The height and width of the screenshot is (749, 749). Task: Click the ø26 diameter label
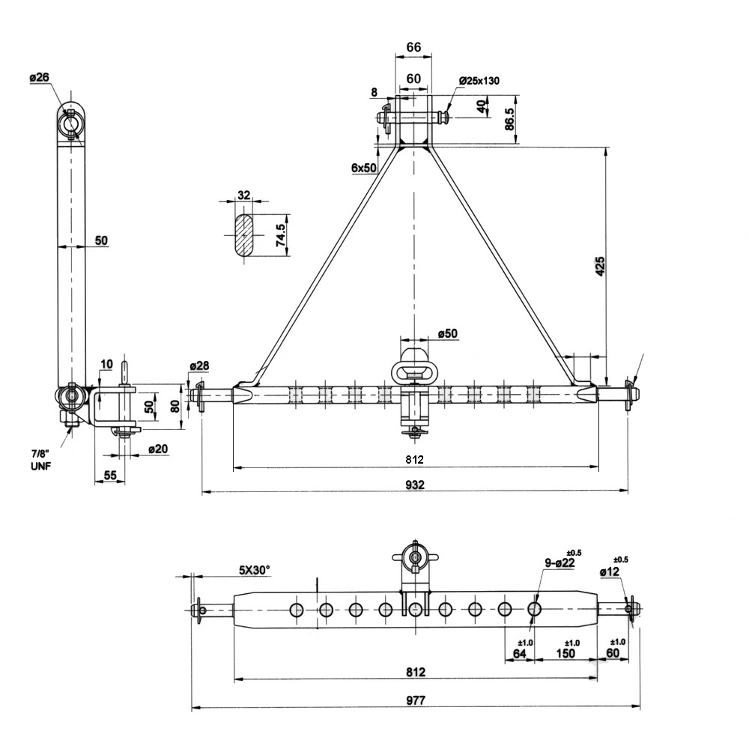click(x=40, y=78)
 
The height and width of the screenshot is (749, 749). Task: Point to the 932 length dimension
click(x=415, y=485)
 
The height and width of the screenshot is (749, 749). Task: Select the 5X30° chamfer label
click(x=255, y=570)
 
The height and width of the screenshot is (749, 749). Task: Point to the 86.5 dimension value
click(x=510, y=120)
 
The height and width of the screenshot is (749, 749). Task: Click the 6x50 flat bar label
click(x=364, y=169)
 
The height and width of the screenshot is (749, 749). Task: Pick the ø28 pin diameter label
click(x=199, y=366)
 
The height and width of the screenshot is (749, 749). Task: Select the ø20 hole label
click(x=157, y=449)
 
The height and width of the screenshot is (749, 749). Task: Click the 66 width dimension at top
click(x=413, y=46)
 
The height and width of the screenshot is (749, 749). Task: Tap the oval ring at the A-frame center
click(x=413, y=370)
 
